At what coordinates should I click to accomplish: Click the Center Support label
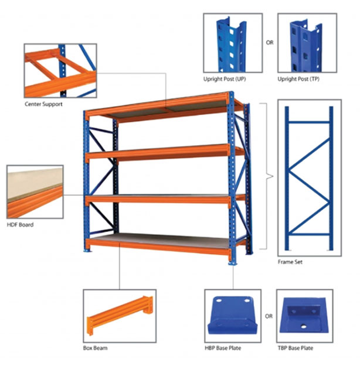[43, 105]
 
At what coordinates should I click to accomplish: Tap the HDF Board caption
[21, 225]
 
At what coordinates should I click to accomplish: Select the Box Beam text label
[95, 348]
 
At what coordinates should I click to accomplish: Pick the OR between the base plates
[269, 317]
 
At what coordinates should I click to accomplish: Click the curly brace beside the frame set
[267, 175]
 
